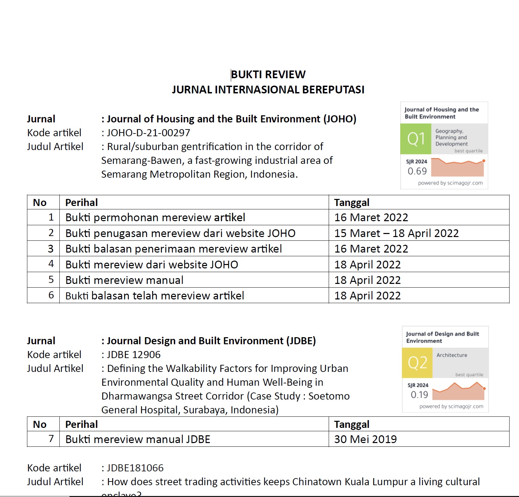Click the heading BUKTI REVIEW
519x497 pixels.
(268, 75)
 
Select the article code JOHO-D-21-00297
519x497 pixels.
(148, 133)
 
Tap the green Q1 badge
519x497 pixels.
(416, 139)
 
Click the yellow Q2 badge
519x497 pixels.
(417, 363)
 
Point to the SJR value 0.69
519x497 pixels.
(417, 171)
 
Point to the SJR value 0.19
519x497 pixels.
(419, 395)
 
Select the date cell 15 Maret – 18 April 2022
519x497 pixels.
(397, 233)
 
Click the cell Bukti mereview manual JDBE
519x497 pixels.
(138, 439)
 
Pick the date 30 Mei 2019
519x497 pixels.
(365, 439)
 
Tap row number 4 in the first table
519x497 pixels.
(51, 264)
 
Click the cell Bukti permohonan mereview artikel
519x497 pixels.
(155, 217)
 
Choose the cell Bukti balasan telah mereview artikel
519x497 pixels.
(155, 296)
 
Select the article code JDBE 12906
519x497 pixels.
(134, 355)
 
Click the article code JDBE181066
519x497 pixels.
(135, 468)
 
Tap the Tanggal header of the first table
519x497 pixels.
(352, 203)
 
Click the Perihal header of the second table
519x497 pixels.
(81, 425)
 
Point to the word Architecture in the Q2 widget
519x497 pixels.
(452, 355)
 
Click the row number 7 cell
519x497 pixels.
(51, 439)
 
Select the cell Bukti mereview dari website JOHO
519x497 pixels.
(152, 265)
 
